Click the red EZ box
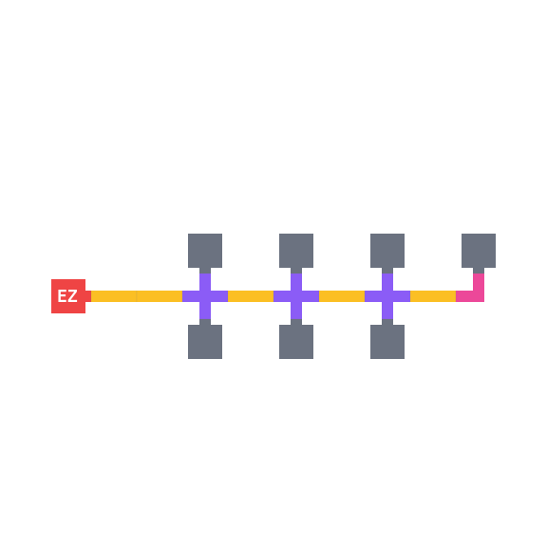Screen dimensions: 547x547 68,296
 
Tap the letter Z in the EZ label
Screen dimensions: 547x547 72,296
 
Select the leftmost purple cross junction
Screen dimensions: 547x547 205,296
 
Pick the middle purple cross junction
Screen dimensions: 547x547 296,296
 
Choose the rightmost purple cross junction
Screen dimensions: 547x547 387,296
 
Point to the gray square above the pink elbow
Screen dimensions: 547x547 479,251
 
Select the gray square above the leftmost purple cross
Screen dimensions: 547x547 205,251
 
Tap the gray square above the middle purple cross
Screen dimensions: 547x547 296,251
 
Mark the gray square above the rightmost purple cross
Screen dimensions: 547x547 387,251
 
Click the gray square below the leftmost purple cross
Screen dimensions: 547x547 205,342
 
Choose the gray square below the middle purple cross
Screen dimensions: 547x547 296,342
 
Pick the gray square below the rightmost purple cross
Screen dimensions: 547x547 387,342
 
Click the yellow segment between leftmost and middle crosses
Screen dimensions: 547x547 251,296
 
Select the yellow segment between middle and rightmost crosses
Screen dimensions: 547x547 342,296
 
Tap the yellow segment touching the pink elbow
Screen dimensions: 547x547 433,296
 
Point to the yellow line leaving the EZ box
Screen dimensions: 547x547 137,296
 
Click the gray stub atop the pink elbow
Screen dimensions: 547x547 479,271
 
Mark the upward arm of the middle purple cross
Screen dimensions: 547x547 296,282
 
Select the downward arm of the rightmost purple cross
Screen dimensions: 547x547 387,311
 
